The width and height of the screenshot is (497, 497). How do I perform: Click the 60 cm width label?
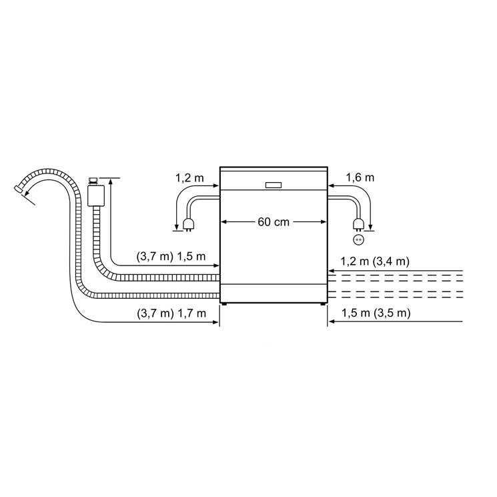pyautogui.click(x=274, y=222)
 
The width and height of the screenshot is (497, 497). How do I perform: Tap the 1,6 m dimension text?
pyautogui.click(x=360, y=177)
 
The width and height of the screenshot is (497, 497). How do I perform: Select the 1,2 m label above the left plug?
pyautogui.click(x=189, y=178)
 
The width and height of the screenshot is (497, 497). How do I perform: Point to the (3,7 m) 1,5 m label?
pyautogui.click(x=171, y=256)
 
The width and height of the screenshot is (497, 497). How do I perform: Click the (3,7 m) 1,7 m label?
pyautogui.click(x=171, y=314)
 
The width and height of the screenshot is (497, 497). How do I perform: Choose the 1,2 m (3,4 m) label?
pyautogui.click(x=375, y=262)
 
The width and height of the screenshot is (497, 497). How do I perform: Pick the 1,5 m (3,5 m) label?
pyautogui.click(x=376, y=313)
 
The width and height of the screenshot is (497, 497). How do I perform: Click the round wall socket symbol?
pyautogui.click(x=358, y=239)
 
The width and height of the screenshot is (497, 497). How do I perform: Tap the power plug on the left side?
pyautogui.click(x=188, y=225)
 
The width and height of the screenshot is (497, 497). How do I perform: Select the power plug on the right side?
pyautogui.click(x=358, y=224)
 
